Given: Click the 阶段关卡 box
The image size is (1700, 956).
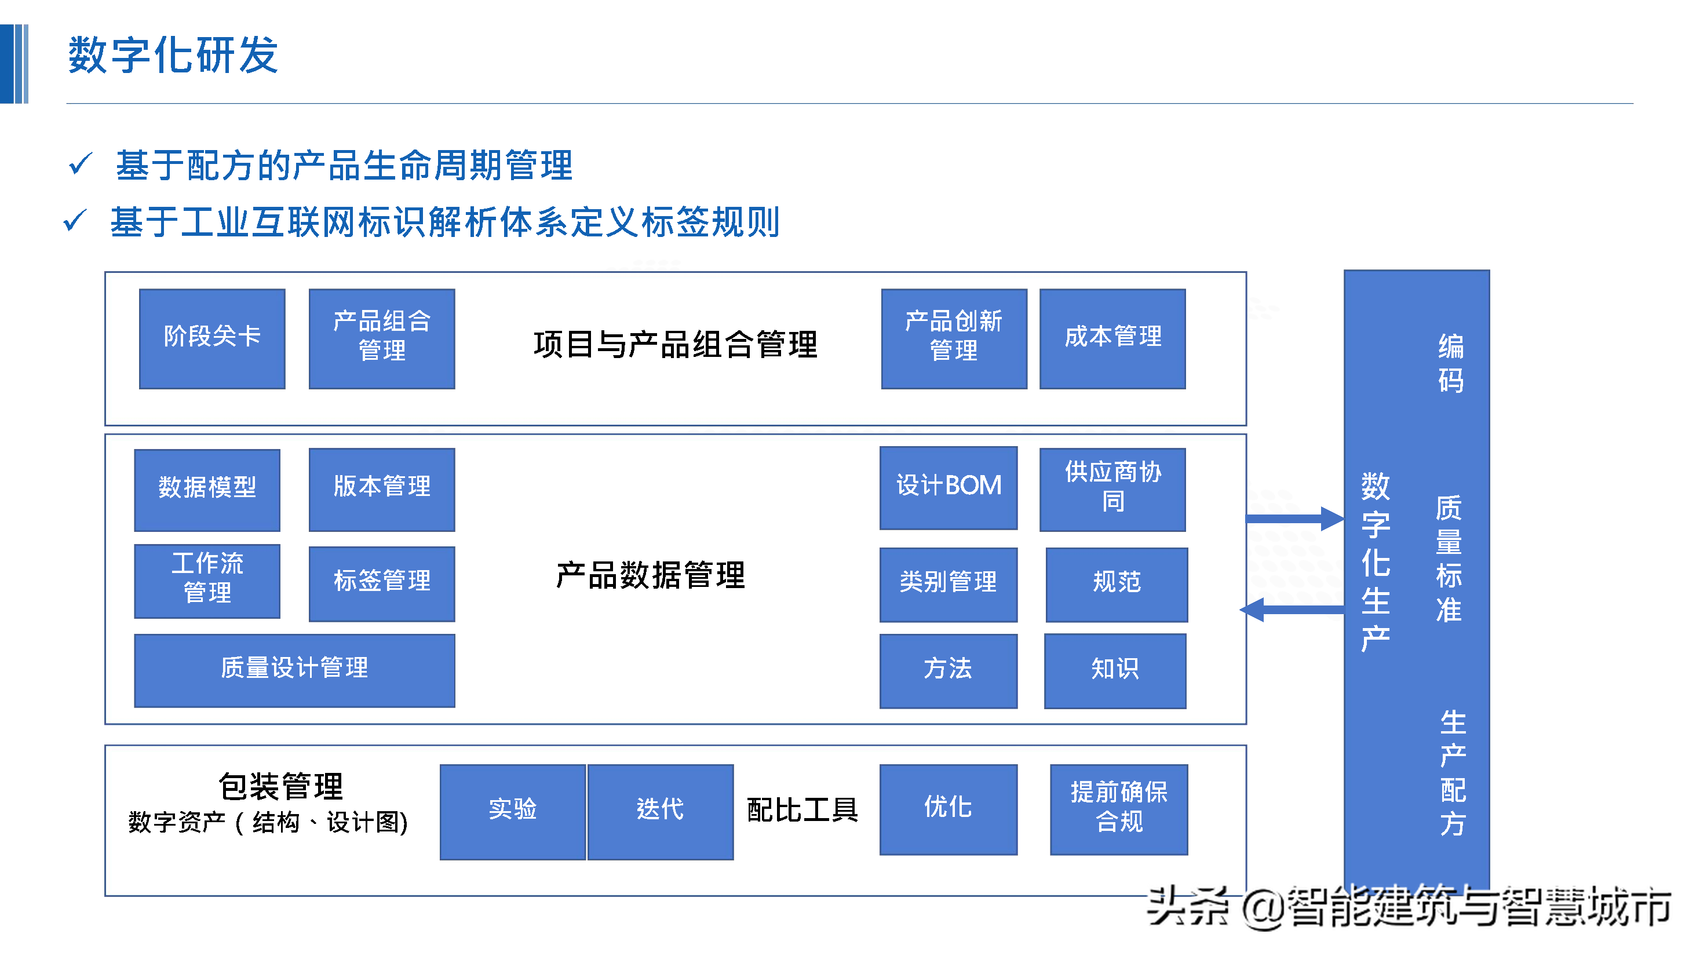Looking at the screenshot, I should pos(212,338).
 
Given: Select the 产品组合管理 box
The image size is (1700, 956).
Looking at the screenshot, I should pos(381,338).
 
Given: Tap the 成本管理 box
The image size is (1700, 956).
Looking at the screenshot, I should pos(1112,338).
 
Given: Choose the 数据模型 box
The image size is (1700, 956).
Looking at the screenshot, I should pos(207,490).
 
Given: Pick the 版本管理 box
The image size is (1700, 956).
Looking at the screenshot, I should pos(381,489).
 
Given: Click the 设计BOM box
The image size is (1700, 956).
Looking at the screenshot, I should pos(948,488).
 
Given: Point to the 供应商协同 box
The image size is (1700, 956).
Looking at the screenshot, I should pos(1112,489).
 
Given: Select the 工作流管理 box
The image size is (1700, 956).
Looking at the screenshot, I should pos(207,581).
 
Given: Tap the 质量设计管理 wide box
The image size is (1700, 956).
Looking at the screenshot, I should pos(294,670).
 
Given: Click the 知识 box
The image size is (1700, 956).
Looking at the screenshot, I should pos(1115,671).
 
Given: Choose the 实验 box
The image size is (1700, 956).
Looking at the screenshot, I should pos(512,812).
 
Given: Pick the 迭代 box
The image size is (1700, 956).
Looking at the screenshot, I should pos(660,812).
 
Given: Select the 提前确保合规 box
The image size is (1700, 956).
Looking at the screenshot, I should pos(1119,809).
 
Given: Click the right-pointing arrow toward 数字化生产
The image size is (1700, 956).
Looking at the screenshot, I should pos(1293,519).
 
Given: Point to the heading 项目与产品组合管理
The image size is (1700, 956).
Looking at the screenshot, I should pos(675,344).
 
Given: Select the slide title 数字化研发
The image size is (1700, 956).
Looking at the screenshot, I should pos(173,56).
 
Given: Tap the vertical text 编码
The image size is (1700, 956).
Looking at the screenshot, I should pos(1450,363).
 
